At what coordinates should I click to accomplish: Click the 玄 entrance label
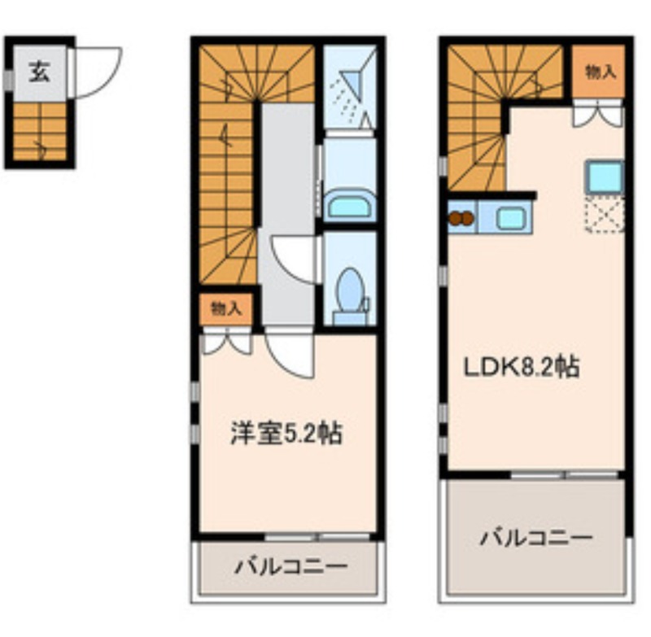tap(39, 72)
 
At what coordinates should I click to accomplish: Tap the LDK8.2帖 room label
tap(521, 366)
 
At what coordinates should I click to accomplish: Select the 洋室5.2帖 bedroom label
tap(286, 434)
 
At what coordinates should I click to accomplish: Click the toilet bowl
tap(351, 290)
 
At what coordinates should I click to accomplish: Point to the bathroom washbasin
tap(350, 205)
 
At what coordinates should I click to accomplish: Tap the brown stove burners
tap(461, 218)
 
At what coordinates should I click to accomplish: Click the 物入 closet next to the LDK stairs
tap(598, 72)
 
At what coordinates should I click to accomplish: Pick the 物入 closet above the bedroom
tap(226, 309)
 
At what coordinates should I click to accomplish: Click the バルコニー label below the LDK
tap(536, 538)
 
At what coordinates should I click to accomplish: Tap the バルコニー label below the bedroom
tap(291, 566)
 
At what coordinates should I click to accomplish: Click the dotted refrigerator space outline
tap(605, 215)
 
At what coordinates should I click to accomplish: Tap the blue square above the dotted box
tap(605, 176)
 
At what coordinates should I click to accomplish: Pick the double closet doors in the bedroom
tap(226, 341)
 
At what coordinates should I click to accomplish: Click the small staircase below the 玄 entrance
tap(39, 132)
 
